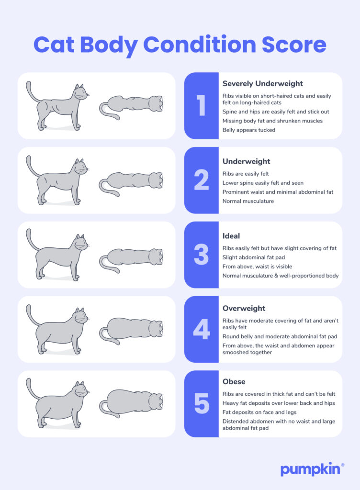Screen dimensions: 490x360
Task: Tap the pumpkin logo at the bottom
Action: (311, 469)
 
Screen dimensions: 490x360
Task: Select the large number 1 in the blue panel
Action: (201, 106)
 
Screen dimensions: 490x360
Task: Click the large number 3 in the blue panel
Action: (201, 255)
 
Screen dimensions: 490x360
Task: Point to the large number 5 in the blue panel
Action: (201, 404)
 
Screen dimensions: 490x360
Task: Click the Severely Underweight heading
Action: (262, 84)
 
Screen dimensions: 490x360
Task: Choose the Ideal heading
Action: (231, 236)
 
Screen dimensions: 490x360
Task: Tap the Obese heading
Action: (234, 382)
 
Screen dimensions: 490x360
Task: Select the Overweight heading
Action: (244, 309)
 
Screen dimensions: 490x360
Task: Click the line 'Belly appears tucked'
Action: (249, 130)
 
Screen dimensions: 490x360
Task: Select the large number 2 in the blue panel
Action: (201, 180)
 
